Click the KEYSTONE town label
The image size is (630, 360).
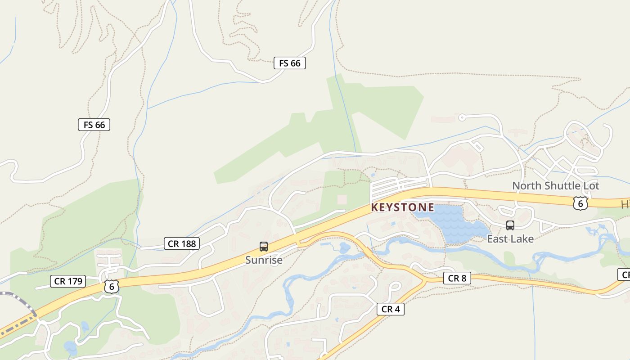402,207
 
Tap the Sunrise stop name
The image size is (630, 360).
264,260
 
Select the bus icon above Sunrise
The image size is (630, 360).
264,247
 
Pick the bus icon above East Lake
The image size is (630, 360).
510,225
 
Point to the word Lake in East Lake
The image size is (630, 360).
522,239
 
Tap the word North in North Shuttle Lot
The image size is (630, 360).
526,186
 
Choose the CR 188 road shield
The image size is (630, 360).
182,244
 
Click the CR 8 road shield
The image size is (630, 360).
457,279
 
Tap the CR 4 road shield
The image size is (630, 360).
390,309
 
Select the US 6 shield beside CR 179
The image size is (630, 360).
111,286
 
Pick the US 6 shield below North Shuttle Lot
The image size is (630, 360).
580,203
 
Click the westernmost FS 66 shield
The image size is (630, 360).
94,125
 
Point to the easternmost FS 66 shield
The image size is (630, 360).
290,63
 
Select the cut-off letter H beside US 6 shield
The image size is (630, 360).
625,205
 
